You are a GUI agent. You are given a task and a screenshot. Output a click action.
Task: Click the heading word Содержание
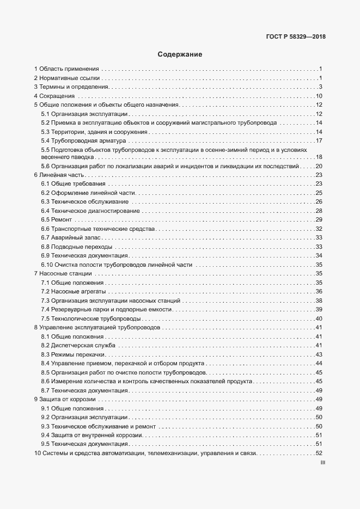180,54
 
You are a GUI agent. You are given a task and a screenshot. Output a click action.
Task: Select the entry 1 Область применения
66,69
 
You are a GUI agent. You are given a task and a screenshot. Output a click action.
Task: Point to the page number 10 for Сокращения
320,96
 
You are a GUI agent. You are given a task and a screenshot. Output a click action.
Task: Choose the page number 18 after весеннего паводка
320,157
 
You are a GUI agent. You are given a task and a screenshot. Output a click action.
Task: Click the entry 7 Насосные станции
63,273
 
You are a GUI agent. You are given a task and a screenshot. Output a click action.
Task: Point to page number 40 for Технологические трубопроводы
320,318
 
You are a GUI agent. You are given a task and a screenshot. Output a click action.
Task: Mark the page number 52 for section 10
320,453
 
